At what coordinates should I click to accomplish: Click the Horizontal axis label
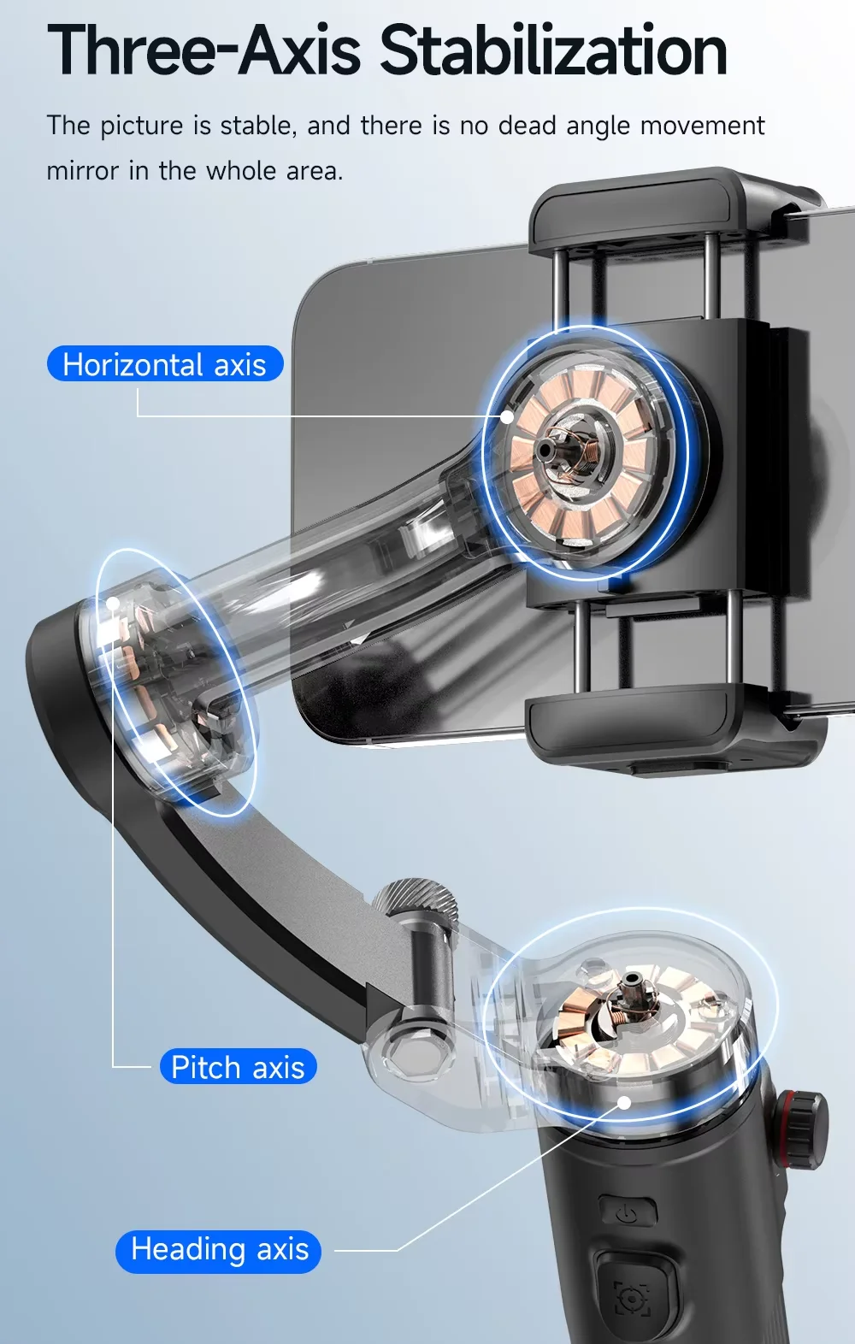pos(165,363)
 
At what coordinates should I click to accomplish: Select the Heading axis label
pos(219,1251)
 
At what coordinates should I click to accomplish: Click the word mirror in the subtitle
pos(83,171)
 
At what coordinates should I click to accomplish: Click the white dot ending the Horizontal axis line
pos(507,416)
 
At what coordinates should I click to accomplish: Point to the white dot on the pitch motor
pos(113,603)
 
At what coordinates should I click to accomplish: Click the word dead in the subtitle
pos(528,126)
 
